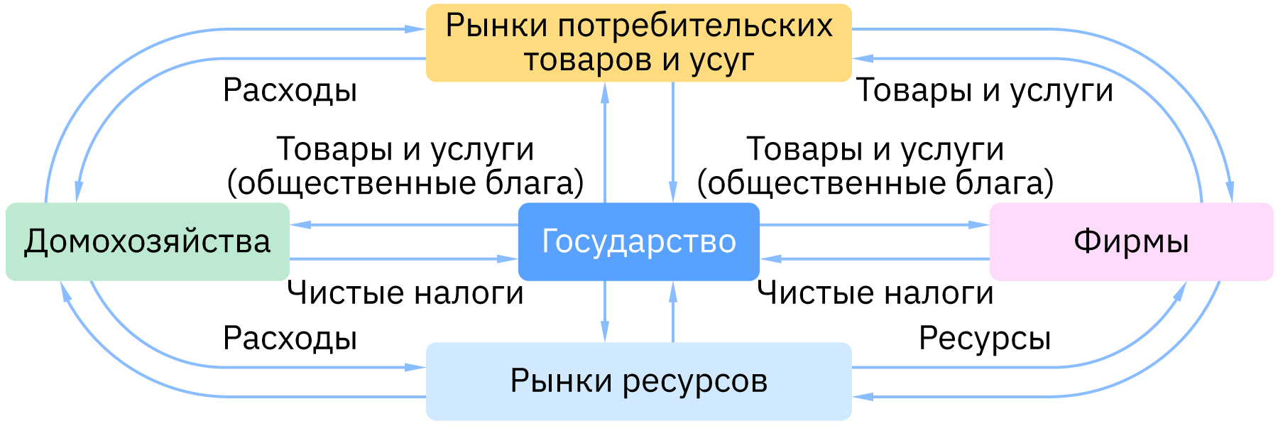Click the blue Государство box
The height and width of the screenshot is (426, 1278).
[x=638, y=241]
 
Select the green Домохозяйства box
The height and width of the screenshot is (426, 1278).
[x=147, y=241]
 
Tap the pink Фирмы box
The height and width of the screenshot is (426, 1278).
[x=1131, y=241]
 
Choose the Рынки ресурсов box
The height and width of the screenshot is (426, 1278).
[x=638, y=381]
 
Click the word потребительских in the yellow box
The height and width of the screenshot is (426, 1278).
[x=695, y=26]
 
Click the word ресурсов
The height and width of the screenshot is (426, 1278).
[x=695, y=381]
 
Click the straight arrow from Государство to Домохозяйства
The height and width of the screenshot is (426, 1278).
[x=405, y=224]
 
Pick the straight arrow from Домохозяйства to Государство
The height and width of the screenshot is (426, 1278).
[x=405, y=258]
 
